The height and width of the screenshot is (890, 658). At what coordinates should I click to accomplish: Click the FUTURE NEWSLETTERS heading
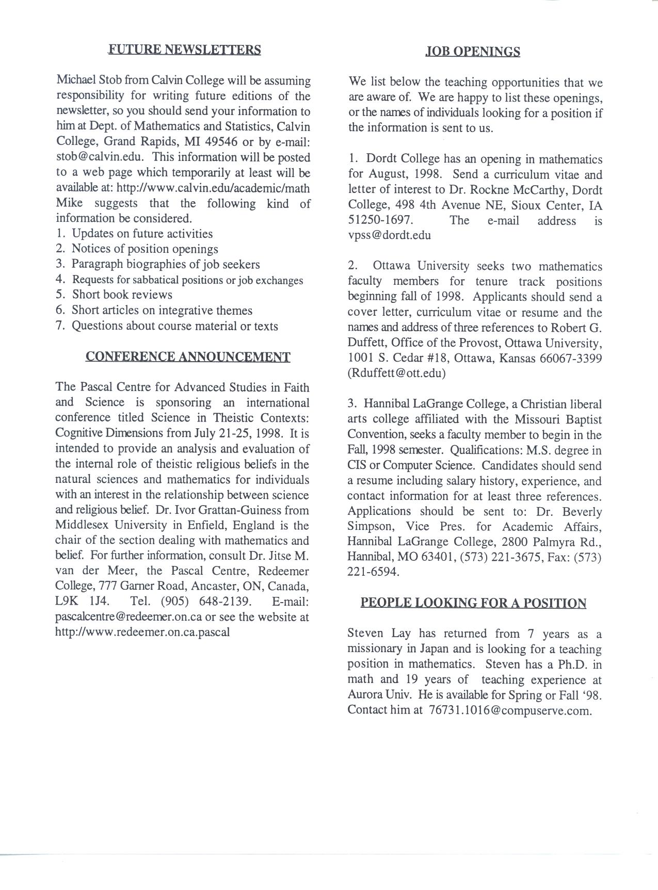point(184,50)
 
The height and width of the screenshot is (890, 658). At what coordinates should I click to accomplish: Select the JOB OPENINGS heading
point(473,52)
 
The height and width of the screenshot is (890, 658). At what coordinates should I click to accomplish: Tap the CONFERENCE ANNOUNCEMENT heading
point(188,357)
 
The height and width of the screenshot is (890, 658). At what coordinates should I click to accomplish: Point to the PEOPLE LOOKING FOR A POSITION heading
point(473,603)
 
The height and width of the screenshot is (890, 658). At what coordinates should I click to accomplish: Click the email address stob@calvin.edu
point(99,157)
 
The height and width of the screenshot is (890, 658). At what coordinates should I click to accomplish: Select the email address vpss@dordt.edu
point(389,235)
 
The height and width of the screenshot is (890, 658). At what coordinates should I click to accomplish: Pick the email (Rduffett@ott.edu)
point(396,373)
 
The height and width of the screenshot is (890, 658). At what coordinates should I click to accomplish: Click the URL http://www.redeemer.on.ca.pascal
point(142,632)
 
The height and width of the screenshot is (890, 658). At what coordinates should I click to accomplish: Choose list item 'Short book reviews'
point(122,295)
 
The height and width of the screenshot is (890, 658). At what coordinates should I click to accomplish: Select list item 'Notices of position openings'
point(145,249)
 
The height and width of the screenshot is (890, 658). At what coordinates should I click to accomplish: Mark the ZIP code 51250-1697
point(380,220)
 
